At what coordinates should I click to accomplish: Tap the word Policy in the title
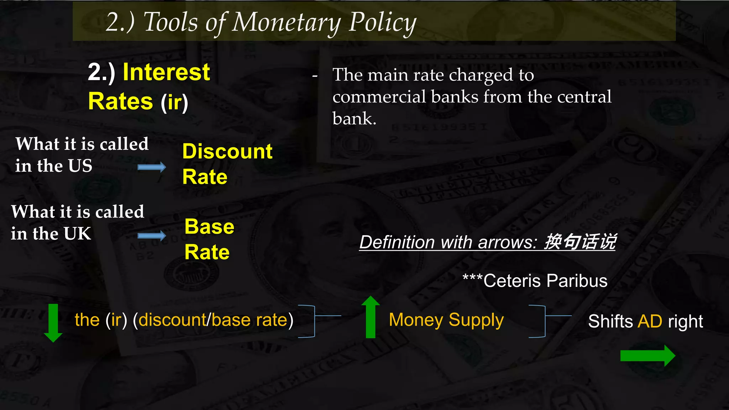[x=382, y=22]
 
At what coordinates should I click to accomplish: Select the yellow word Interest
[x=166, y=72]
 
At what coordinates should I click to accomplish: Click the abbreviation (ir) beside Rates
[x=174, y=102]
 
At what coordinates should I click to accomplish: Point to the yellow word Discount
[x=227, y=151]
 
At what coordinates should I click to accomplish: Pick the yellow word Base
[x=209, y=227]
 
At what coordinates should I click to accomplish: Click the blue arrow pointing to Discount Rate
[x=152, y=167]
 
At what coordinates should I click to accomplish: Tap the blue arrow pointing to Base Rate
[x=152, y=235]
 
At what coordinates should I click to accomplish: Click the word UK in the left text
[x=77, y=234]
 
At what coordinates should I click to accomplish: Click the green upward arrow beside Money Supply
[x=371, y=317]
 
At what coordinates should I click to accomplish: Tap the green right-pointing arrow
[x=647, y=355]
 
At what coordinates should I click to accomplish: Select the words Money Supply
[x=446, y=320]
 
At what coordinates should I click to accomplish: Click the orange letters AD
[x=650, y=321]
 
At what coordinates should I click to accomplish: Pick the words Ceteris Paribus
[x=545, y=281]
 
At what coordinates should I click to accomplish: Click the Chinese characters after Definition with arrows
[x=580, y=242]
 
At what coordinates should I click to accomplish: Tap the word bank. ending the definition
[x=354, y=119]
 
